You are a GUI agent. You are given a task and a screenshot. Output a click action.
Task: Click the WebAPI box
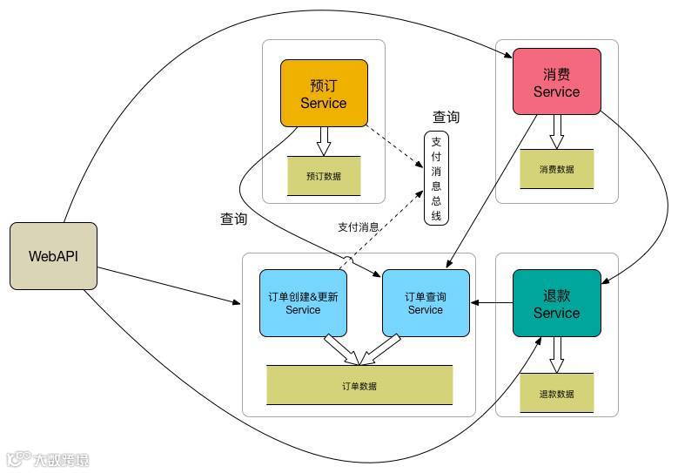53,256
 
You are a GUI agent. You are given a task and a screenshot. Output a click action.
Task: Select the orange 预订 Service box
323,93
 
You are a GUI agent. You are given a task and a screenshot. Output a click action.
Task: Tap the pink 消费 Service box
556,81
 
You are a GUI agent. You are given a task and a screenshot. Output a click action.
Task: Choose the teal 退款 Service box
556,302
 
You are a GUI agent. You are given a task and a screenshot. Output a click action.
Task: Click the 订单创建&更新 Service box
303,302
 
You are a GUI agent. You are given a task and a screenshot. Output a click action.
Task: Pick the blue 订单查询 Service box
426,302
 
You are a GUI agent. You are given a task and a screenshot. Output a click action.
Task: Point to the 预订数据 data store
323,176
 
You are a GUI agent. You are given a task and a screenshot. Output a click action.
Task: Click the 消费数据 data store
556,169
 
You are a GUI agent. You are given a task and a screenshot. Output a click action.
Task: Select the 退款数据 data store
556,393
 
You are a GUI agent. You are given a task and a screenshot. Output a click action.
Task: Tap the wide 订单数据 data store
359,385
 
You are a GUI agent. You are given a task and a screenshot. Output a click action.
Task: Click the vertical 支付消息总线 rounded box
436,178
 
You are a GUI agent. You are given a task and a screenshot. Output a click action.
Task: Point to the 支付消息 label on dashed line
358,227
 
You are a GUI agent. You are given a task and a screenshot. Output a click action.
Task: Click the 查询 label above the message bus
446,117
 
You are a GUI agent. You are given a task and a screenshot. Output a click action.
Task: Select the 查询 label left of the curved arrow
233,220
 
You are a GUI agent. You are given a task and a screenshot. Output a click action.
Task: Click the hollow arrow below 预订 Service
323,141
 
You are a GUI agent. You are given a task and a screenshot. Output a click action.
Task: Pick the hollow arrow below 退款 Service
556,355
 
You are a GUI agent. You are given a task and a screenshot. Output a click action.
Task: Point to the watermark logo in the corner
48,459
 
